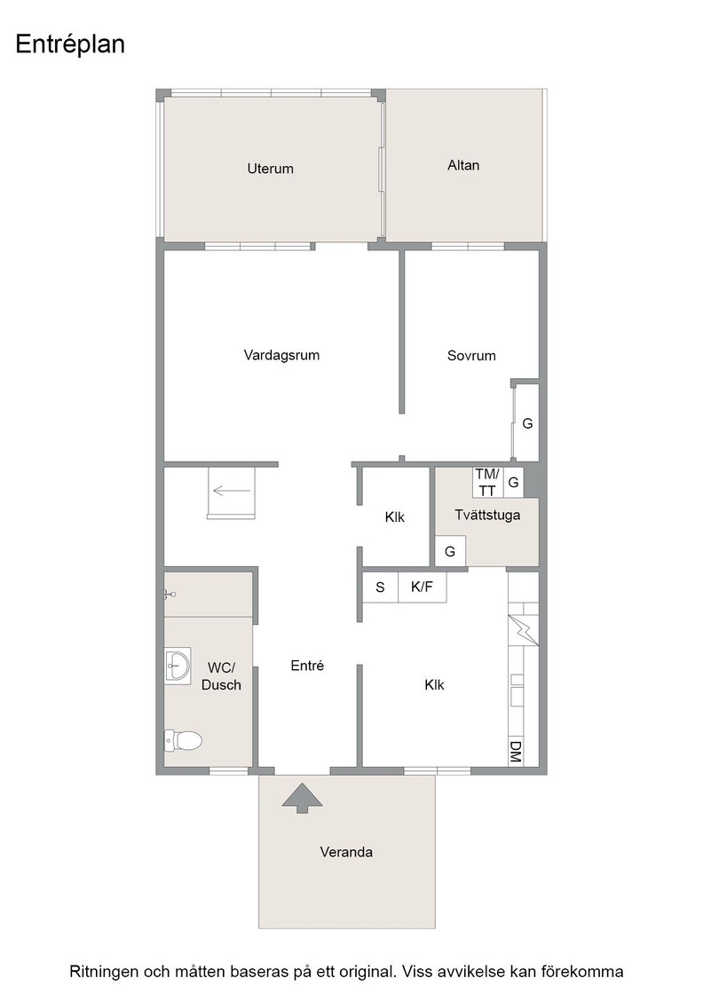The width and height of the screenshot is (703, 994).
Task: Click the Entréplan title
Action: tap(70, 45)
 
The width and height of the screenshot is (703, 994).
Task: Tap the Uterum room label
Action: tap(270, 169)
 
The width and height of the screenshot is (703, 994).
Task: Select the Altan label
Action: tap(463, 165)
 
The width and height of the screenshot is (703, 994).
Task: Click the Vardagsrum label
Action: tap(281, 355)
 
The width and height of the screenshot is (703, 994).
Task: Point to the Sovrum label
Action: tap(471, 356)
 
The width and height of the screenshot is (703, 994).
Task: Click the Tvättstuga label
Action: tap(487, 515)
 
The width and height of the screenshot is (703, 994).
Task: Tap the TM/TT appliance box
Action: tap(487, 483)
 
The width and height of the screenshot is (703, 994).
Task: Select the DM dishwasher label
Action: tap(516, 753)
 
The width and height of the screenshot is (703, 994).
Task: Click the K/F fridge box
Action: tap(423, 587)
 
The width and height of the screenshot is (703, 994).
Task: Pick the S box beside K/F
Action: tap(380, 587)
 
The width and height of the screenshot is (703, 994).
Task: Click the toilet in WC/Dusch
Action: tap(183, 740)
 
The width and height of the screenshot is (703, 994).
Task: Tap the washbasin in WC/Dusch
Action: tap(178, 667)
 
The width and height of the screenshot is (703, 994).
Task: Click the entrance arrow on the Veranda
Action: tap(303, 798)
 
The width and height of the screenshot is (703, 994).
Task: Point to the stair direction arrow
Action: tap(226, 490)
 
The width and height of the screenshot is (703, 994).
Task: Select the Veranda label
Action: tap(346, 852)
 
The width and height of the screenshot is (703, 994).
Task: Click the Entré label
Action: tap(307, 666)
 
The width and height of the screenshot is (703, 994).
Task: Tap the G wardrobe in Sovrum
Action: tap(526, 422)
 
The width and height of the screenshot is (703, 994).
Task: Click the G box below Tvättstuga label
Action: tap(450, 551)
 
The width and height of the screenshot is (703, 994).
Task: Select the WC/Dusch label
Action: tap(221, 676)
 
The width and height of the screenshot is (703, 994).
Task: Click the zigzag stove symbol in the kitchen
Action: tap(524, 631)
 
